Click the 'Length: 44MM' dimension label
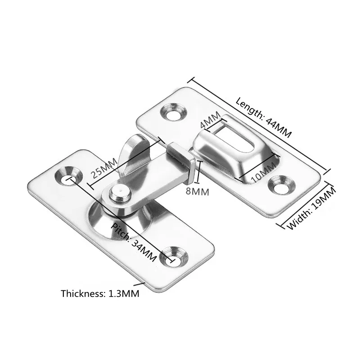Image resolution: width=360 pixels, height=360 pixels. pos(264,117)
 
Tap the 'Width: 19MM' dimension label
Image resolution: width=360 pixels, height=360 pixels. pos(311,208)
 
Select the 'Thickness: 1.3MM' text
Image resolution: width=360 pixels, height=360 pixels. pos(100,294)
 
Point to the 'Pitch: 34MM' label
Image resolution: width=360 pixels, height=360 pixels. pos(134,242)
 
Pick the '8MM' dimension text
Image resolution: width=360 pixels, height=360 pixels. pos(198,192)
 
